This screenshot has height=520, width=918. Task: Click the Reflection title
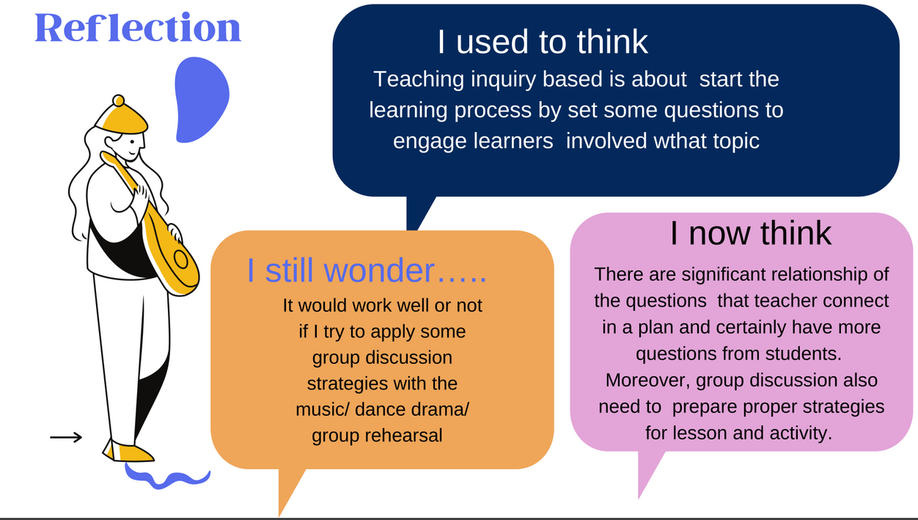click(138, 27)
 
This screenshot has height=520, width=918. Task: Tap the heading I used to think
click(543, 42)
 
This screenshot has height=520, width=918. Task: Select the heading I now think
click(750, 233)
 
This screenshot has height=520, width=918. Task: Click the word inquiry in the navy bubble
click(503, 80)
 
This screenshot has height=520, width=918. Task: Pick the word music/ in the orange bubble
click(322, 409)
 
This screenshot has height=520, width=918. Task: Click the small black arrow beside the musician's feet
click(66, 437)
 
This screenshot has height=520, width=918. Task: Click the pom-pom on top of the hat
click(119, 100)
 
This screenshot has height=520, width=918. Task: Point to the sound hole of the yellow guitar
click(180, 259)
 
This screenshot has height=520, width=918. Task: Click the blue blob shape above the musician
click(201, 100)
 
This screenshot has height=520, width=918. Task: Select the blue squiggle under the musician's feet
click(167, 477)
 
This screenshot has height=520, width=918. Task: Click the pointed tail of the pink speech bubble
click(645, 476)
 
